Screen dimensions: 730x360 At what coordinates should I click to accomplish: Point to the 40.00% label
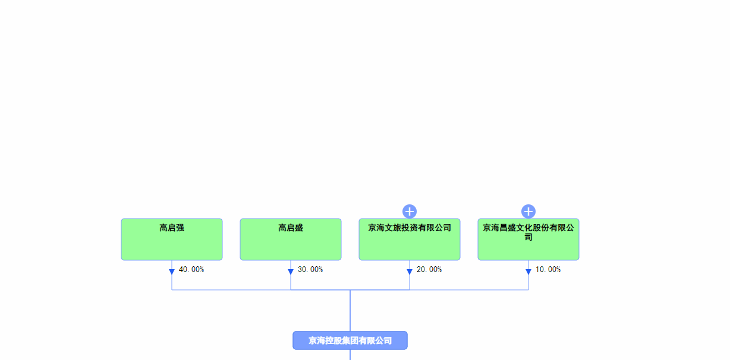[x=191, y=270]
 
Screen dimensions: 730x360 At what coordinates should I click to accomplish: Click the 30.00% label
[x=310, y=270]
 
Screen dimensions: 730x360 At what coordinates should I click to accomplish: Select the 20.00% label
[x=429, y=270]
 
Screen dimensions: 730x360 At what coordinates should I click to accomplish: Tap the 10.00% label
[x=548, y=270]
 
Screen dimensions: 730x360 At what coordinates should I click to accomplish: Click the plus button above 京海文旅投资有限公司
[x=410, y=211]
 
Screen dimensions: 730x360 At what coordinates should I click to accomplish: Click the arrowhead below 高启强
[x=172, y=272]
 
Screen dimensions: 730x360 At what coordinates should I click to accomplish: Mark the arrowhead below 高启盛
[x=291, y=272]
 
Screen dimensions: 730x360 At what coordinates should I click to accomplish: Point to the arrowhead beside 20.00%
[x=410, y=272]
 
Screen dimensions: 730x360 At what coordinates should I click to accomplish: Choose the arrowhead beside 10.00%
[x=528, y=272]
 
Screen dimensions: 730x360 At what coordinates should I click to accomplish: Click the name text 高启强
[x=172, y=228]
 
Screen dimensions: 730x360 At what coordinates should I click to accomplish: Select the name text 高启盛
[x=291, y=228]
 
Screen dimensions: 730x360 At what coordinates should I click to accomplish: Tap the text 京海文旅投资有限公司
[x=410, y=228]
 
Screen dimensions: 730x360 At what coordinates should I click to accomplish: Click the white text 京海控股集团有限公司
[x=350, y=340]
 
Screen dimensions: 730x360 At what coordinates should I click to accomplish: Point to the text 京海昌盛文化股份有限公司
[x=528, y=232]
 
